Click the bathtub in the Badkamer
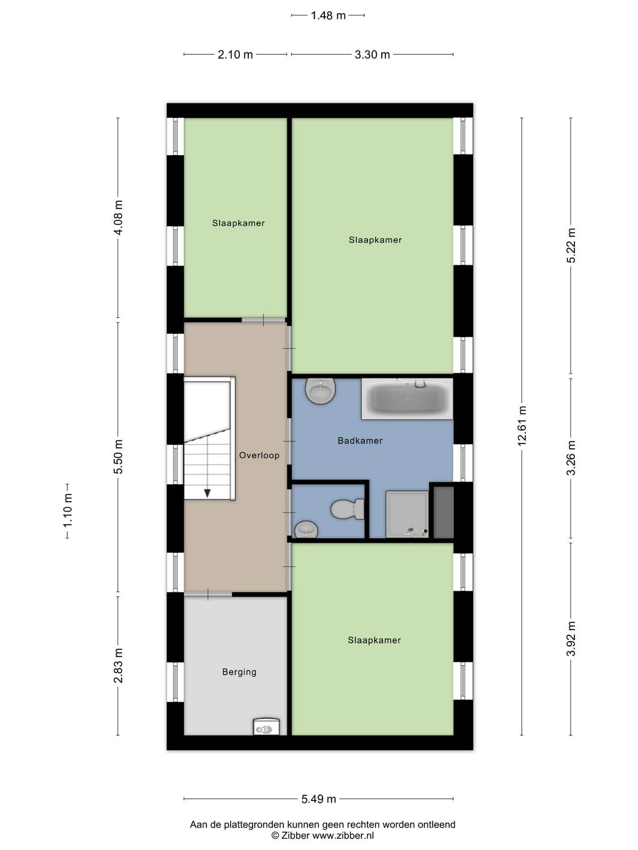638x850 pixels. click(x=407, y=399)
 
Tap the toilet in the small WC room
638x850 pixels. click(x=348, y=509)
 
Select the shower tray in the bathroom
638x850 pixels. click(x=407, y=514)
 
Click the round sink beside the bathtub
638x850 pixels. click(x=320, y=391)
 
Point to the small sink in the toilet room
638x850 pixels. click(x=306, y=529)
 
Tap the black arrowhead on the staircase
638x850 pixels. click(x=207, y=493)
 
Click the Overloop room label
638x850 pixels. click(x=259, y=455)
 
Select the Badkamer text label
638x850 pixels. click(x=360, y=441)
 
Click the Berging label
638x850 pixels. click(x=239, y=672)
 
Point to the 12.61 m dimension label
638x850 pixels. click(x=522, y=426)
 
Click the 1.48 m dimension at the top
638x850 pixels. click(x=328, y=15)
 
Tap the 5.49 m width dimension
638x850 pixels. click(x=318, y=799)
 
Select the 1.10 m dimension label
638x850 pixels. click(x=68, y=511)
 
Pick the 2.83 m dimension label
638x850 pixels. click(x=117, y=665)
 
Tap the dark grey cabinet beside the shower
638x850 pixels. click(x=443, y=513)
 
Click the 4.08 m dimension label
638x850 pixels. click(x=117, y=217)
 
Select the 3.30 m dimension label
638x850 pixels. click(x=372, y=55)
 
